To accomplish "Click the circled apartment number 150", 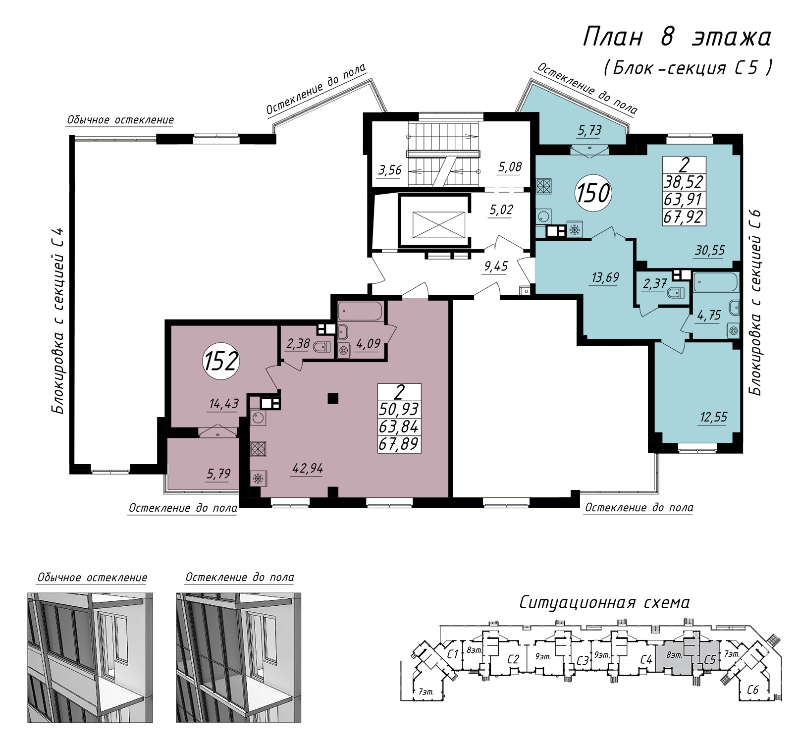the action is [x=593, y=193].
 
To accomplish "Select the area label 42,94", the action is [x=308, y=468].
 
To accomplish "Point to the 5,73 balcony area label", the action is [x=589, y=130].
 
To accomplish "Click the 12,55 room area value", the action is [x=713, y=417].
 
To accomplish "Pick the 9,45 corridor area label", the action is [x=496, y=266].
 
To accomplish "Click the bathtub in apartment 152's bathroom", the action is [x=360, y=311].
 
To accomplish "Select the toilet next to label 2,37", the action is [x=676, y=293].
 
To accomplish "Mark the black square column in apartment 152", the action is [x=333, y=398].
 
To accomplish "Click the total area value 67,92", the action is [x=684, y=217].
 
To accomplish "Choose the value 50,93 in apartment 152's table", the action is [x=399, y=409].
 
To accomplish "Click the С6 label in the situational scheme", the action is [x=752, y=690].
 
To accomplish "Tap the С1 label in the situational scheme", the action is [x=452, y=654].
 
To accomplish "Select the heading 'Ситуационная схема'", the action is [x=604, y=602].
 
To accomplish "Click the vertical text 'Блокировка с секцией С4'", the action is [x=58, y=320].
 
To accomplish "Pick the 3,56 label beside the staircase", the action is [x=390, y=170].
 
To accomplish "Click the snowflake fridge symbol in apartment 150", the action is [x=575, y=230].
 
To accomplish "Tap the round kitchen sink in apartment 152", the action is [x=258, y=418].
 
